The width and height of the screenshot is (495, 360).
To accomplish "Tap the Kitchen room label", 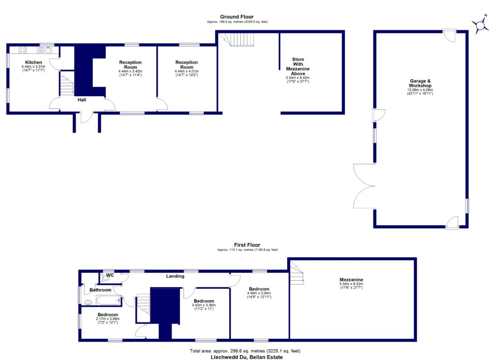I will click(x=34, y=62).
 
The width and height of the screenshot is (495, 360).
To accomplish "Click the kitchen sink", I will click(x=48, y=49).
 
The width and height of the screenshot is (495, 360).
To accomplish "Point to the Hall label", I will click(x=83, y=101).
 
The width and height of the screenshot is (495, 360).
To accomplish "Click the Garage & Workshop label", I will click(x=420, y=83).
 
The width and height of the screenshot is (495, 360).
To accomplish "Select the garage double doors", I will click(x=364, y=186).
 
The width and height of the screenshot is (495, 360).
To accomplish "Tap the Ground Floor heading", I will click(x=236, y=17).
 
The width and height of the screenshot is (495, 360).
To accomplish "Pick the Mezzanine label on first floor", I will click(x=351, y=279).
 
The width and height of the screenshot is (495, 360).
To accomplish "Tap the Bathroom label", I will click(x=100, y=290).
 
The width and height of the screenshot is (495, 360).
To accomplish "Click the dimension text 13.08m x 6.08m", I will click(x=420, y=90).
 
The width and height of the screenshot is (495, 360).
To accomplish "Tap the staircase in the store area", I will click(x=238, y=39).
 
